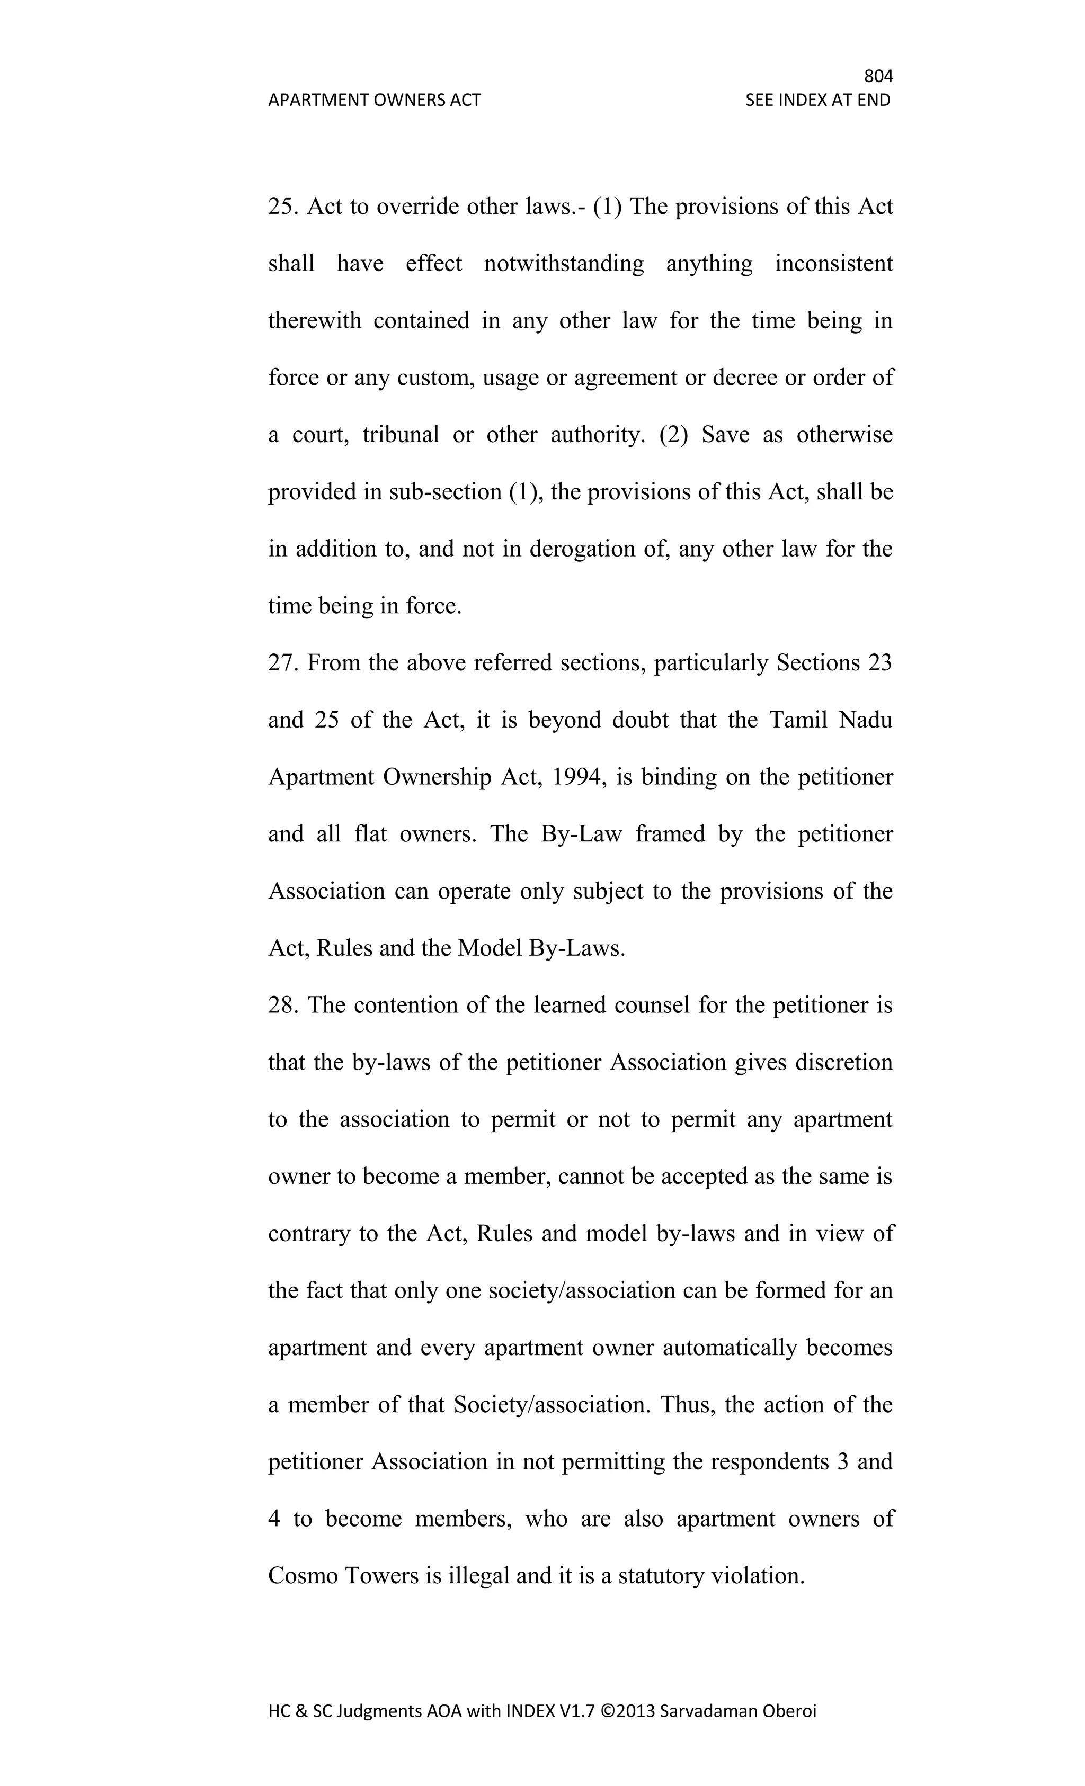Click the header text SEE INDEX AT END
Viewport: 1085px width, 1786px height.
coord(817,100)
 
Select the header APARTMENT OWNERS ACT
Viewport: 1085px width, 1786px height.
coord(374,100)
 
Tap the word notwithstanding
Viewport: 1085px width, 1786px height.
coord(564,263)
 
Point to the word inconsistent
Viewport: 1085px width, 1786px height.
coord(833,263)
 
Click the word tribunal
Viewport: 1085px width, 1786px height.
coord(401,435)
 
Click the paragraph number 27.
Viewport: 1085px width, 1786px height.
coord(283,662)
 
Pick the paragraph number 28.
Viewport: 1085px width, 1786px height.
coord(283,1006)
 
